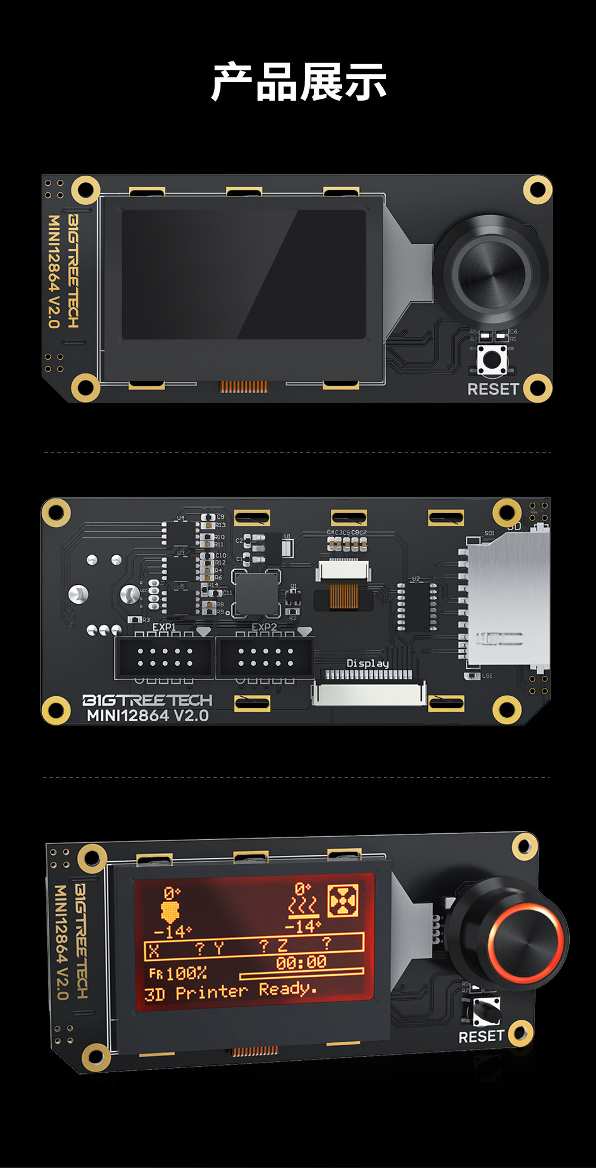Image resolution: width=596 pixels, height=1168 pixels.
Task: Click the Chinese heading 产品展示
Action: click(299, 82)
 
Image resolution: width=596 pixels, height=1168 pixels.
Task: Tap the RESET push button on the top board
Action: click(492, 360)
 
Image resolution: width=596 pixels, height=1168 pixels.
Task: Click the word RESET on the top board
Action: click(493, 389)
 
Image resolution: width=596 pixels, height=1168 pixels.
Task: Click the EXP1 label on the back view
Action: click(164, 627)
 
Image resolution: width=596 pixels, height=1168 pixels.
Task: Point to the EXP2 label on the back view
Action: click(264, 627)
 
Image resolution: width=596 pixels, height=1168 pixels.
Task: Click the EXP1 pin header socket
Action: click(164, 658)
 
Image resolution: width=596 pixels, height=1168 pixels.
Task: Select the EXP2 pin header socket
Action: click(265, 658)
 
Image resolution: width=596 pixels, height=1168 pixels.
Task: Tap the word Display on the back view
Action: click(368, 664)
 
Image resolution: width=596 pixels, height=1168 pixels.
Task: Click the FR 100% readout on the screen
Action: click(178, 973)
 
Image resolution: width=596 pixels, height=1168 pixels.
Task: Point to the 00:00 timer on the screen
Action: click(301, 962)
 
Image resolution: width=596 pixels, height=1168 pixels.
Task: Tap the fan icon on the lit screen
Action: click(343, 900)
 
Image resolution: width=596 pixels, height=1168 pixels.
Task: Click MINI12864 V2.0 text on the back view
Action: click(148, 715)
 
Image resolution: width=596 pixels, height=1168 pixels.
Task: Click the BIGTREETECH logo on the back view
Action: click(147, 700)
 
